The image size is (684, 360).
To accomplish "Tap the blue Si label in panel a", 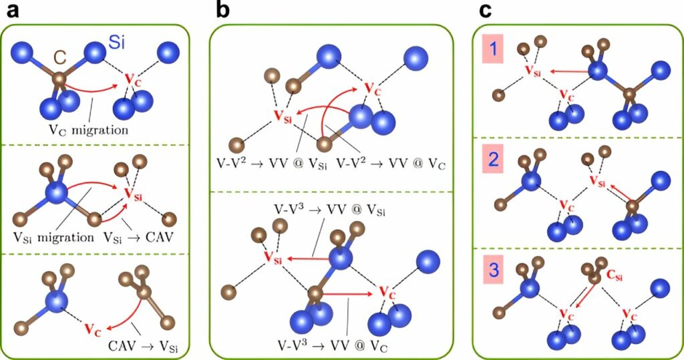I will click(x=117, y=44).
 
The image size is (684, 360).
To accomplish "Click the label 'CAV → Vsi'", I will click(x=144, y=347).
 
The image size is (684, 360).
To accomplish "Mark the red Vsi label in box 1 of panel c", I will click(x=529, y=70).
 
